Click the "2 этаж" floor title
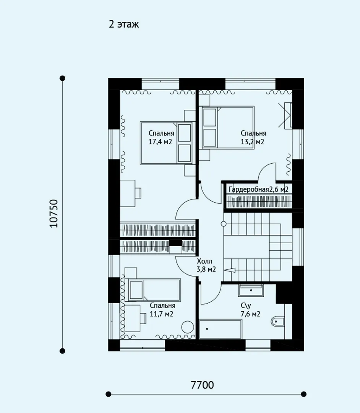124,24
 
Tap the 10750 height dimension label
54,213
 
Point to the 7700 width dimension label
202,385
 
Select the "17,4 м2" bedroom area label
160,142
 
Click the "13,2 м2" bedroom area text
252,142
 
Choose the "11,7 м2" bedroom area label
162,314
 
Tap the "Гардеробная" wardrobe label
249,189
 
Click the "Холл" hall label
204,261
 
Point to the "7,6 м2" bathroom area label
250,314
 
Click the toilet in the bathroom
277,322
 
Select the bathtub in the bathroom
220,329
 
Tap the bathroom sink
251,290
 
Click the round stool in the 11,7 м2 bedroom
188,327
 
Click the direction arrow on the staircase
231,270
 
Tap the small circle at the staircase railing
224,224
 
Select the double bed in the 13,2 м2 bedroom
228,128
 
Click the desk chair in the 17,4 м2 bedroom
138,192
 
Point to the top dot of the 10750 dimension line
62,78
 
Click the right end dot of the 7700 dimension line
304,394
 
